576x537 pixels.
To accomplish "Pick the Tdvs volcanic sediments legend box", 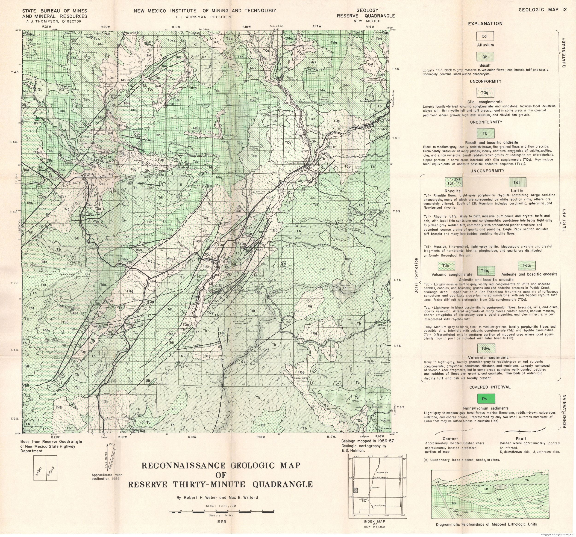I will click(x=486, y=348).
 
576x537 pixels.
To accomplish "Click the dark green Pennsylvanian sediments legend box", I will click(x=486, y=399).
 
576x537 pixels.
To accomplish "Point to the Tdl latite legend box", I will click(x=517, y=182).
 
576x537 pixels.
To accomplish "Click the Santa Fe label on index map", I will click(x=379, y=473).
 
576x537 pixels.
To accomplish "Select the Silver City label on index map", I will click(x=364, y=500).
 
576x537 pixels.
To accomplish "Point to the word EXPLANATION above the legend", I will click(x=485, y=24).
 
